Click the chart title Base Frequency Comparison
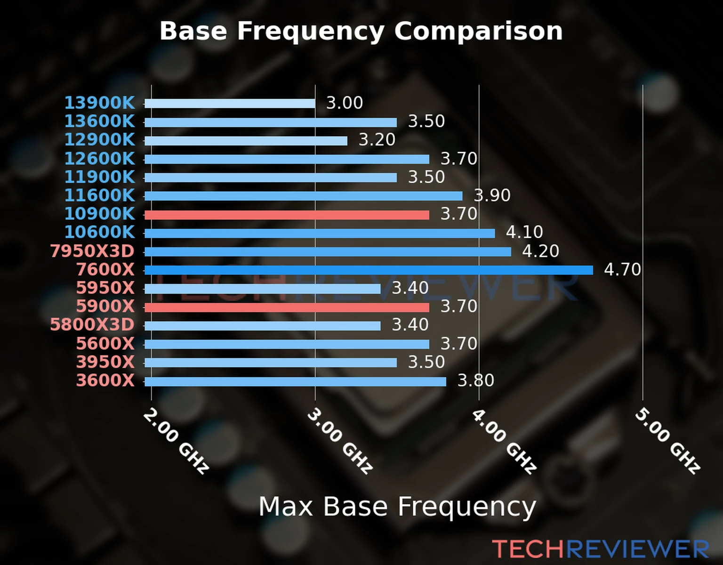361,31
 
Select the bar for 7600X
368,270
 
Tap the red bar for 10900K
287,215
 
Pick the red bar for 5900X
287,307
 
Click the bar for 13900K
230,104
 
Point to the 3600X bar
295,381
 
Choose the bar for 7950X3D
328,251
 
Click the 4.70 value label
622,270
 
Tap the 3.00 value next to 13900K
345,103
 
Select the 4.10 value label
524,232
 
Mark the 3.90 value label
492,195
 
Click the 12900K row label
99,140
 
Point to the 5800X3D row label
92,325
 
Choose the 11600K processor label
99,195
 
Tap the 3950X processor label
105,362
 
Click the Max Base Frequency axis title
397,507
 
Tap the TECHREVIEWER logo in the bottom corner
600,549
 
